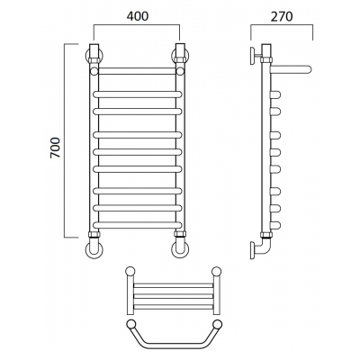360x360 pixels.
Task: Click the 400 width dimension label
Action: click(138, 16)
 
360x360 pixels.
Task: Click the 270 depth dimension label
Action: click(282, 16)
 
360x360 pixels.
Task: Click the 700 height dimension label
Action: click(56, 148)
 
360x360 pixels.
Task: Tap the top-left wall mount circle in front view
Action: click(94, 56)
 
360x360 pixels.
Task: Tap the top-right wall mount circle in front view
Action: click(180, 56)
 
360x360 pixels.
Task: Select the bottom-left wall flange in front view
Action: click(94, 249)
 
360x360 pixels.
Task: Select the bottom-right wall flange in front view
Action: click(180, 249)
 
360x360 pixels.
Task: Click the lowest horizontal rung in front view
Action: click(138, 225)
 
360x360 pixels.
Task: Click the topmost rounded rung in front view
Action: click(138, 94)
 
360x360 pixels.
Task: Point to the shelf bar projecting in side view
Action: click(291, 69)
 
